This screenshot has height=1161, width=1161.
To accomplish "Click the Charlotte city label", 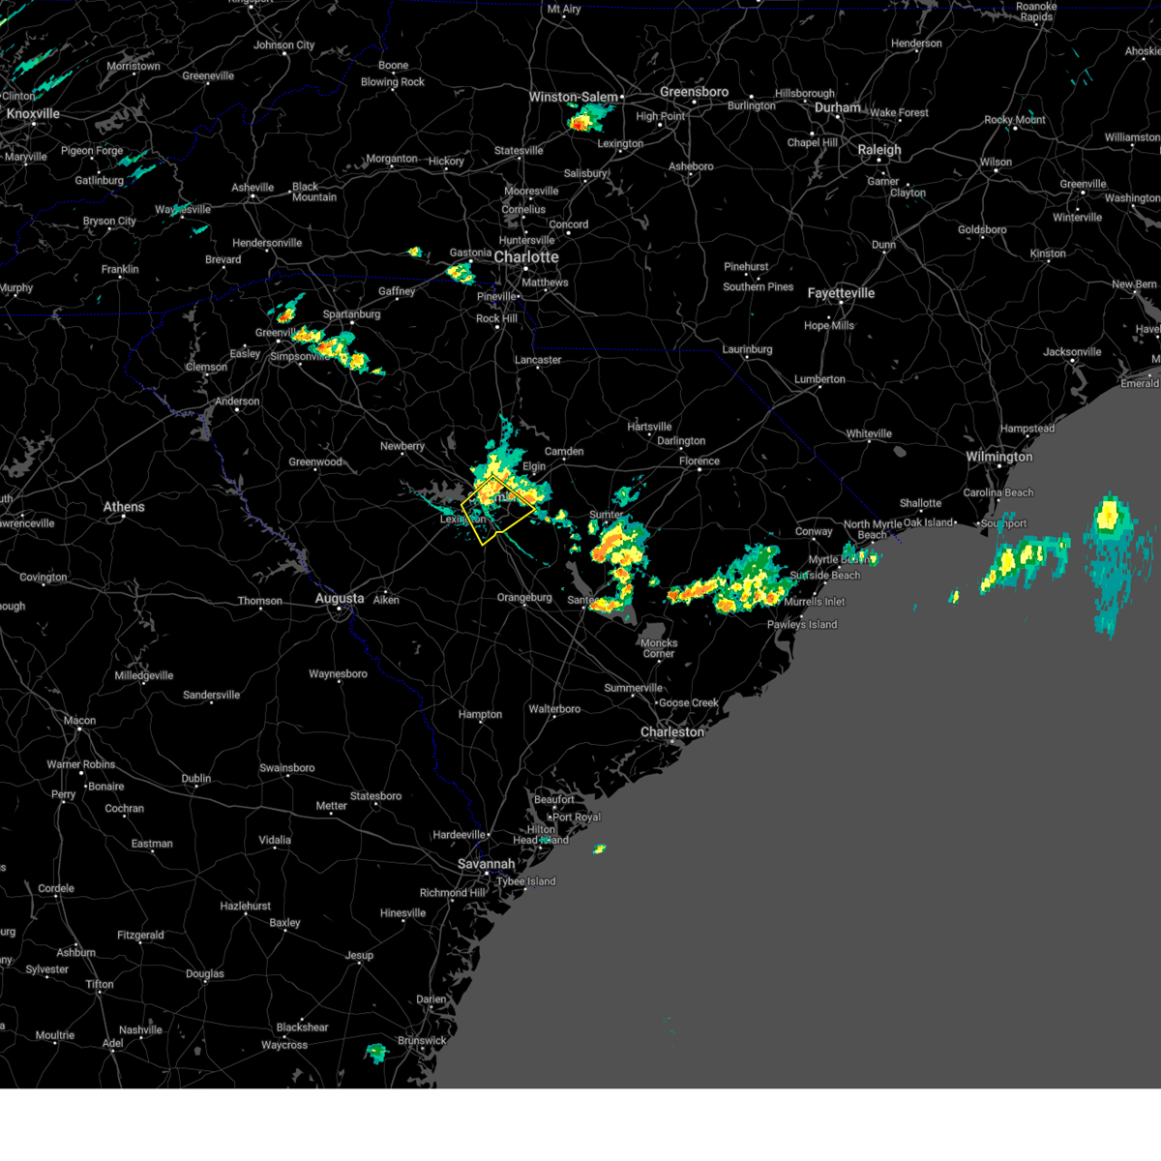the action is click(x=526, y=257).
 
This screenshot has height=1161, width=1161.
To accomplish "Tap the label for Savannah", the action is click(x=486, y=864).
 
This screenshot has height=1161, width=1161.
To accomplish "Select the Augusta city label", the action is click(x=340, y=599).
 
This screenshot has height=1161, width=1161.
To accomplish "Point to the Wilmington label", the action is click(x=998, y=457).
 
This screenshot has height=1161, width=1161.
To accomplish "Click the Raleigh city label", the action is click(x=878, y=150).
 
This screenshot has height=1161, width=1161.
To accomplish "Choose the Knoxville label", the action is click(x=33, y=114).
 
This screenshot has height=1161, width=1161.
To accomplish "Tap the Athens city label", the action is click(x=124, y=507).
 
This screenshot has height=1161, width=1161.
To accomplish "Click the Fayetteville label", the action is click(x=841, y=293).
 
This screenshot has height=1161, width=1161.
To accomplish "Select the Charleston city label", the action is click(x=672, y=732).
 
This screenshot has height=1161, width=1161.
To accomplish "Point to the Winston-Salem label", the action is click(x=573, y=97).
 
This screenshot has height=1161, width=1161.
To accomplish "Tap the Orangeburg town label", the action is click(x=524, y=598).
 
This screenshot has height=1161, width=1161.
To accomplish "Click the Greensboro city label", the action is click(x=694, y=92).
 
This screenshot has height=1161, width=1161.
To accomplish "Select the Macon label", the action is click(x=79, y=720).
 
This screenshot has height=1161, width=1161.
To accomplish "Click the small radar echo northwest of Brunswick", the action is click(x=376, y=1053).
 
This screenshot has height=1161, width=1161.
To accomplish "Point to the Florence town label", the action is click(x=699, y=461).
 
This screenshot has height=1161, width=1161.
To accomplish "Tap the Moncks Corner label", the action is click(x=659, y=648).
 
